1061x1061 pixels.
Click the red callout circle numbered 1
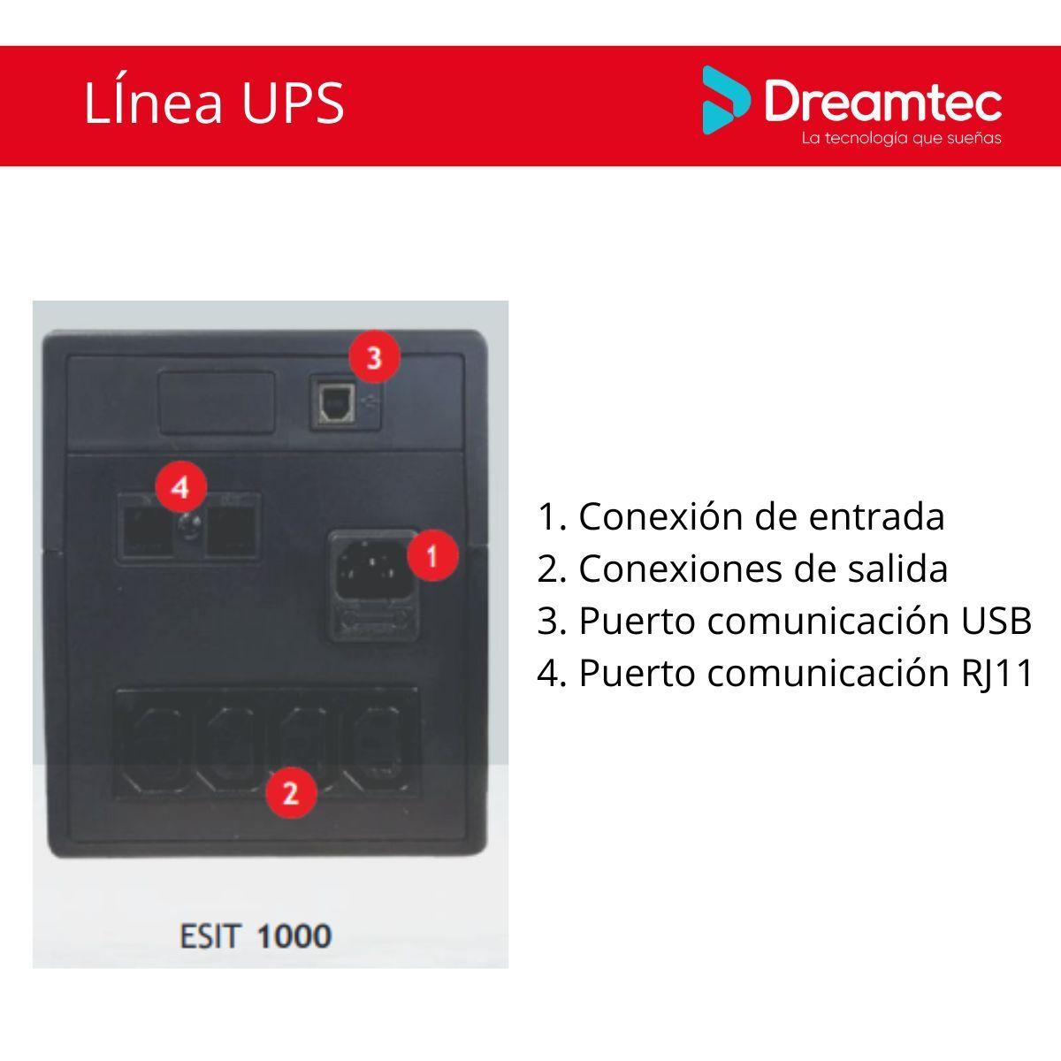(x=432, y=556)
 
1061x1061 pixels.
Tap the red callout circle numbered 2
(x=291, y=791)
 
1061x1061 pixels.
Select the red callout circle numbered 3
(x=374, y=358)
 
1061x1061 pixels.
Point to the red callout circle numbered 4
(x=180, y=487)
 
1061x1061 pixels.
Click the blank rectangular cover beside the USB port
(x=215, y=402)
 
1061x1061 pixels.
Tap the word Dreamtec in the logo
(x=882, y=103)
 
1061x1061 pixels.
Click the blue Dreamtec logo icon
(x=725, y=100)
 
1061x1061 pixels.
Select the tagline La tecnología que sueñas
(x=901, y=139)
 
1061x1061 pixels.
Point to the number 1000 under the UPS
(x=294, y=935)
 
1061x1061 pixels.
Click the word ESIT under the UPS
(x=210, y=935)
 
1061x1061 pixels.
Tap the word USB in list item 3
(x=996, y=621)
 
